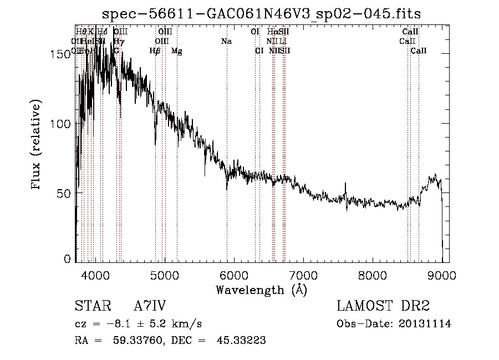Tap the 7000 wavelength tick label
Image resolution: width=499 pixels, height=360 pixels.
click(303, 275)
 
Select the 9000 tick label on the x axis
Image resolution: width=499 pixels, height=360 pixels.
click(442, 275)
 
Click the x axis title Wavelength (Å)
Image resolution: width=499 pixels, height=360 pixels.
click(261, 290)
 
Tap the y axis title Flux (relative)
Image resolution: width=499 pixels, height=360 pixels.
click(37, 145)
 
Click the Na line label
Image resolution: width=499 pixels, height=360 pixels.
click(226, 41)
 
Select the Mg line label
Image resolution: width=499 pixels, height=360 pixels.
click(176, 51)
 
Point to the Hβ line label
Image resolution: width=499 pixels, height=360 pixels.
click(155, 51)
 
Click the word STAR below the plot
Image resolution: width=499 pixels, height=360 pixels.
click(92, 306)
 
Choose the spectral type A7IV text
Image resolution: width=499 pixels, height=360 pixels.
click(150, 306)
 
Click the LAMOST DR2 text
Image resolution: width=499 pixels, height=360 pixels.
click(383, 306)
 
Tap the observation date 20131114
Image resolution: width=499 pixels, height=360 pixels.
click(426, 323)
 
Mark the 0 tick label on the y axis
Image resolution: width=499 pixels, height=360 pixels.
click(69, 258)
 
